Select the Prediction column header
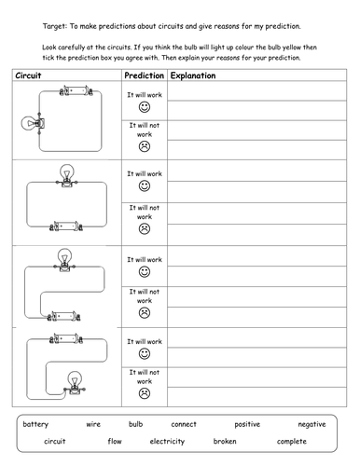click(x=144, y=74)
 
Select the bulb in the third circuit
click(x=65, y=258)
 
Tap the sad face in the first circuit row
click(x=145, y=145)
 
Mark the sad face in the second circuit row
click(x=145, y=228)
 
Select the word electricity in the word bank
click(x=170, y=441)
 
